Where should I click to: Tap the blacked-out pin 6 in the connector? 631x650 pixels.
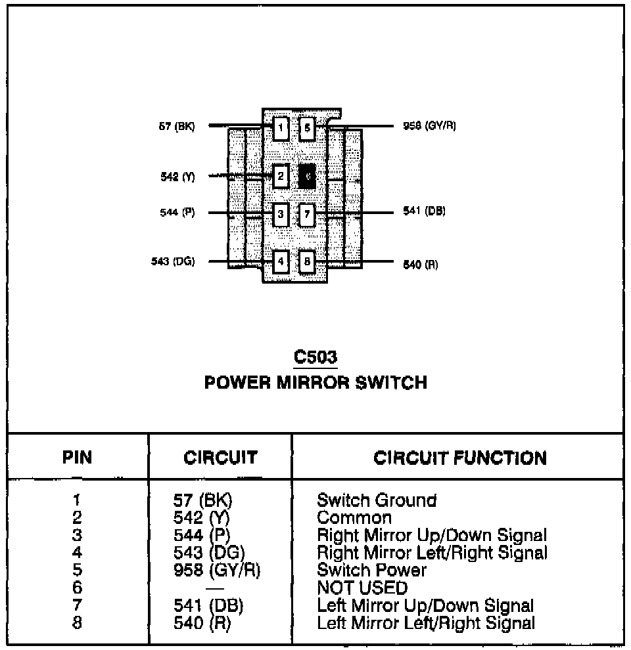[x=307, y=176]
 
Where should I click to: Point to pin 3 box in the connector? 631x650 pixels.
[x=281, y=213]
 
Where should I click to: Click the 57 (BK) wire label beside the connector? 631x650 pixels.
[x=177, y=126]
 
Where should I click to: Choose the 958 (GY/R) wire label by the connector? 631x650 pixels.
[x=429, y=125]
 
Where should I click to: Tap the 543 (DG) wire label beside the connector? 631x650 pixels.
[x=173, y=261]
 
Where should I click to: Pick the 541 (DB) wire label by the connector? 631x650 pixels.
[x=424, y=211]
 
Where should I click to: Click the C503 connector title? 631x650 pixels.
[x=315, y=358]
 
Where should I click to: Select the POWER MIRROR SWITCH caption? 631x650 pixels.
[x=315, y=383]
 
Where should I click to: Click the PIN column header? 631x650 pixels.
[x=78, y=458]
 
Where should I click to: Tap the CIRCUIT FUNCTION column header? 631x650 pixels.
[x=460, y=458]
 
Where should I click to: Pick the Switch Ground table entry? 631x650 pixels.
[x=377, y=500]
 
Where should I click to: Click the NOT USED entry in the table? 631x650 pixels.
[x=362, y=588]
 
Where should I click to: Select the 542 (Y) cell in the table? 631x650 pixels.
[x=200, y=518]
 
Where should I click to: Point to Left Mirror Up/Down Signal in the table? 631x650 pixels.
[x=425, y=605]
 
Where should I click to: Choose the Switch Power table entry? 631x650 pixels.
[x=372, y=570]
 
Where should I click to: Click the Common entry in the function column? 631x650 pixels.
[x=354, y=518]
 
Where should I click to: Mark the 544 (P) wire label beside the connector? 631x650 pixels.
[x=177, y=213]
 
